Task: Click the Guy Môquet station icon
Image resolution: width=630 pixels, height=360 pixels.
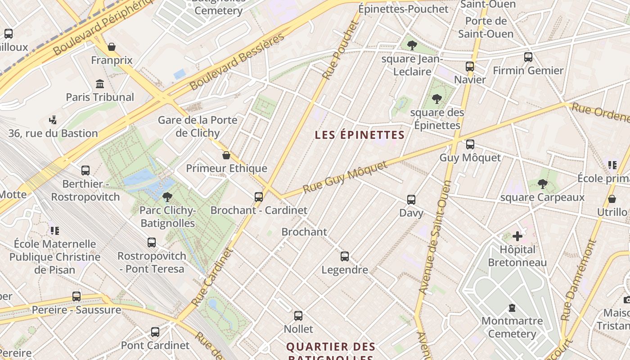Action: (x=470, y=144)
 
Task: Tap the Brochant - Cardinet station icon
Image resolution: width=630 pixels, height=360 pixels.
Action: (x=258, y=197)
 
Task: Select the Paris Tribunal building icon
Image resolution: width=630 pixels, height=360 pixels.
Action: (x=100, y=84)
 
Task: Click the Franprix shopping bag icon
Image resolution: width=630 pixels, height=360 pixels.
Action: (x=112, y=47)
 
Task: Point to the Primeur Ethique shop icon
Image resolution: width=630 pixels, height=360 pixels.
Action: (x=226, y=155)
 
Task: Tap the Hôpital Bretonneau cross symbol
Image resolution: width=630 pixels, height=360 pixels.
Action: (x=517, y=236)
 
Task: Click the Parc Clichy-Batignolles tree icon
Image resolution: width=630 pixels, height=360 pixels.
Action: (x=167, y=197)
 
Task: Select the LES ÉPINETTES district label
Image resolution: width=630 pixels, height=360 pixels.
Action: (x=360, y=135)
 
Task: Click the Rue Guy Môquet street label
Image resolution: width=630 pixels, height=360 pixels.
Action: (x=345, y=178)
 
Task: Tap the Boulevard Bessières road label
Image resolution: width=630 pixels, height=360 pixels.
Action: (x=237, y=62)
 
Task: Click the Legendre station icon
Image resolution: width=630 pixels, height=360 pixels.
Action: (x=345, y=256)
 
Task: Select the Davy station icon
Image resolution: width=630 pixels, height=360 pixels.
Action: (x=411, y=199)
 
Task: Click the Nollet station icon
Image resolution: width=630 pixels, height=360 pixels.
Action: (x=298, y=316)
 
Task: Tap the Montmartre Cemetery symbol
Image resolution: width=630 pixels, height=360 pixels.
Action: (x=512, y=308)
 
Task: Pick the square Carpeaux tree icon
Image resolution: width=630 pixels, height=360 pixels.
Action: (x=542, y=184)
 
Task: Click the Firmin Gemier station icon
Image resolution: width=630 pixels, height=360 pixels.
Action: (x=528, y=57)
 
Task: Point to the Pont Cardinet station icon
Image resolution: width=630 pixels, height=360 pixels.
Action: (x=155, y=332)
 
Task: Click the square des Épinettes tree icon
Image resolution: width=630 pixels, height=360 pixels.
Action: (x=436, y=99)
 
